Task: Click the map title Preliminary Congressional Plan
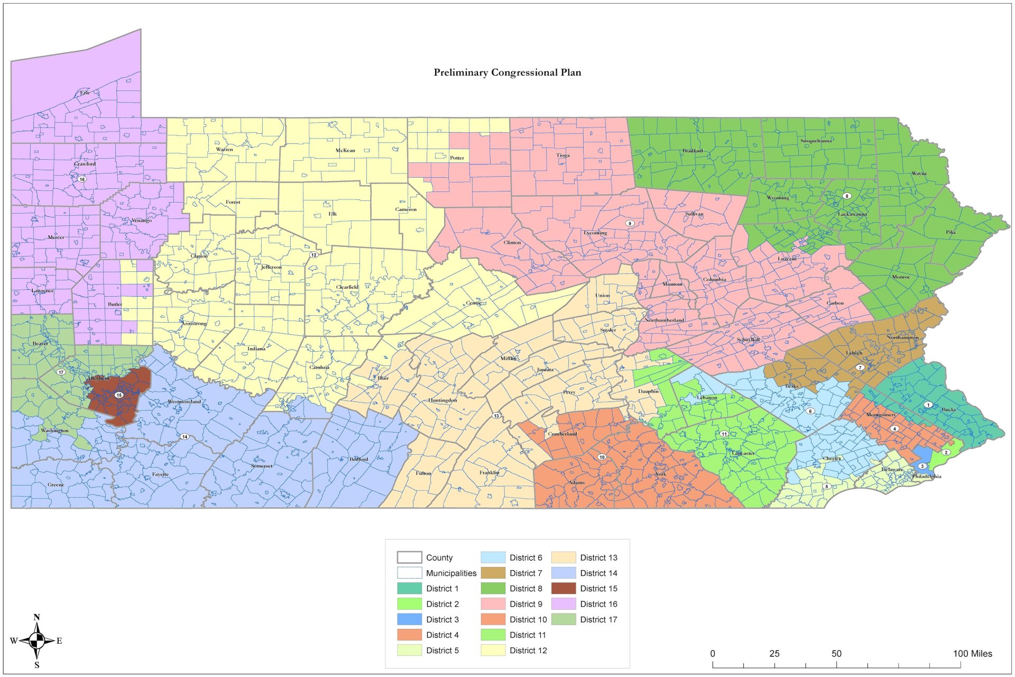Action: click(507, 72)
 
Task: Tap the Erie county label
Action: click(85, 93)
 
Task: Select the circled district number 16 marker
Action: click(82, 179)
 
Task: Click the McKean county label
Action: click(345, 150)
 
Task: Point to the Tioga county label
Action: click(562, 155)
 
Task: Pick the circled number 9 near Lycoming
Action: click(630, 223)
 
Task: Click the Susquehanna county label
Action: click(816, 141)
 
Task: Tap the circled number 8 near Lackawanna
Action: click(846, 196)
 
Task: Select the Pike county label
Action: click(951, 232)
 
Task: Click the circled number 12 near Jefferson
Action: click(313, 255)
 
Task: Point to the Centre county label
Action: click(474, 303)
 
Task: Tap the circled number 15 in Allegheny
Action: click(118, 395)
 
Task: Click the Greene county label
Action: click(56, 484)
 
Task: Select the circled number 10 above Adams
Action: click(602, 457)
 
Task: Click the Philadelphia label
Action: click(926, 477)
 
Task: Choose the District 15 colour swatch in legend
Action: click(563, 588)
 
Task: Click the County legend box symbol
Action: click(409, 557)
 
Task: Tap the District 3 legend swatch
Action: click(409, 619)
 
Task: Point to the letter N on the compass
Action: click(36, 617)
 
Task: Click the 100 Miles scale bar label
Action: click(972, 654)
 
